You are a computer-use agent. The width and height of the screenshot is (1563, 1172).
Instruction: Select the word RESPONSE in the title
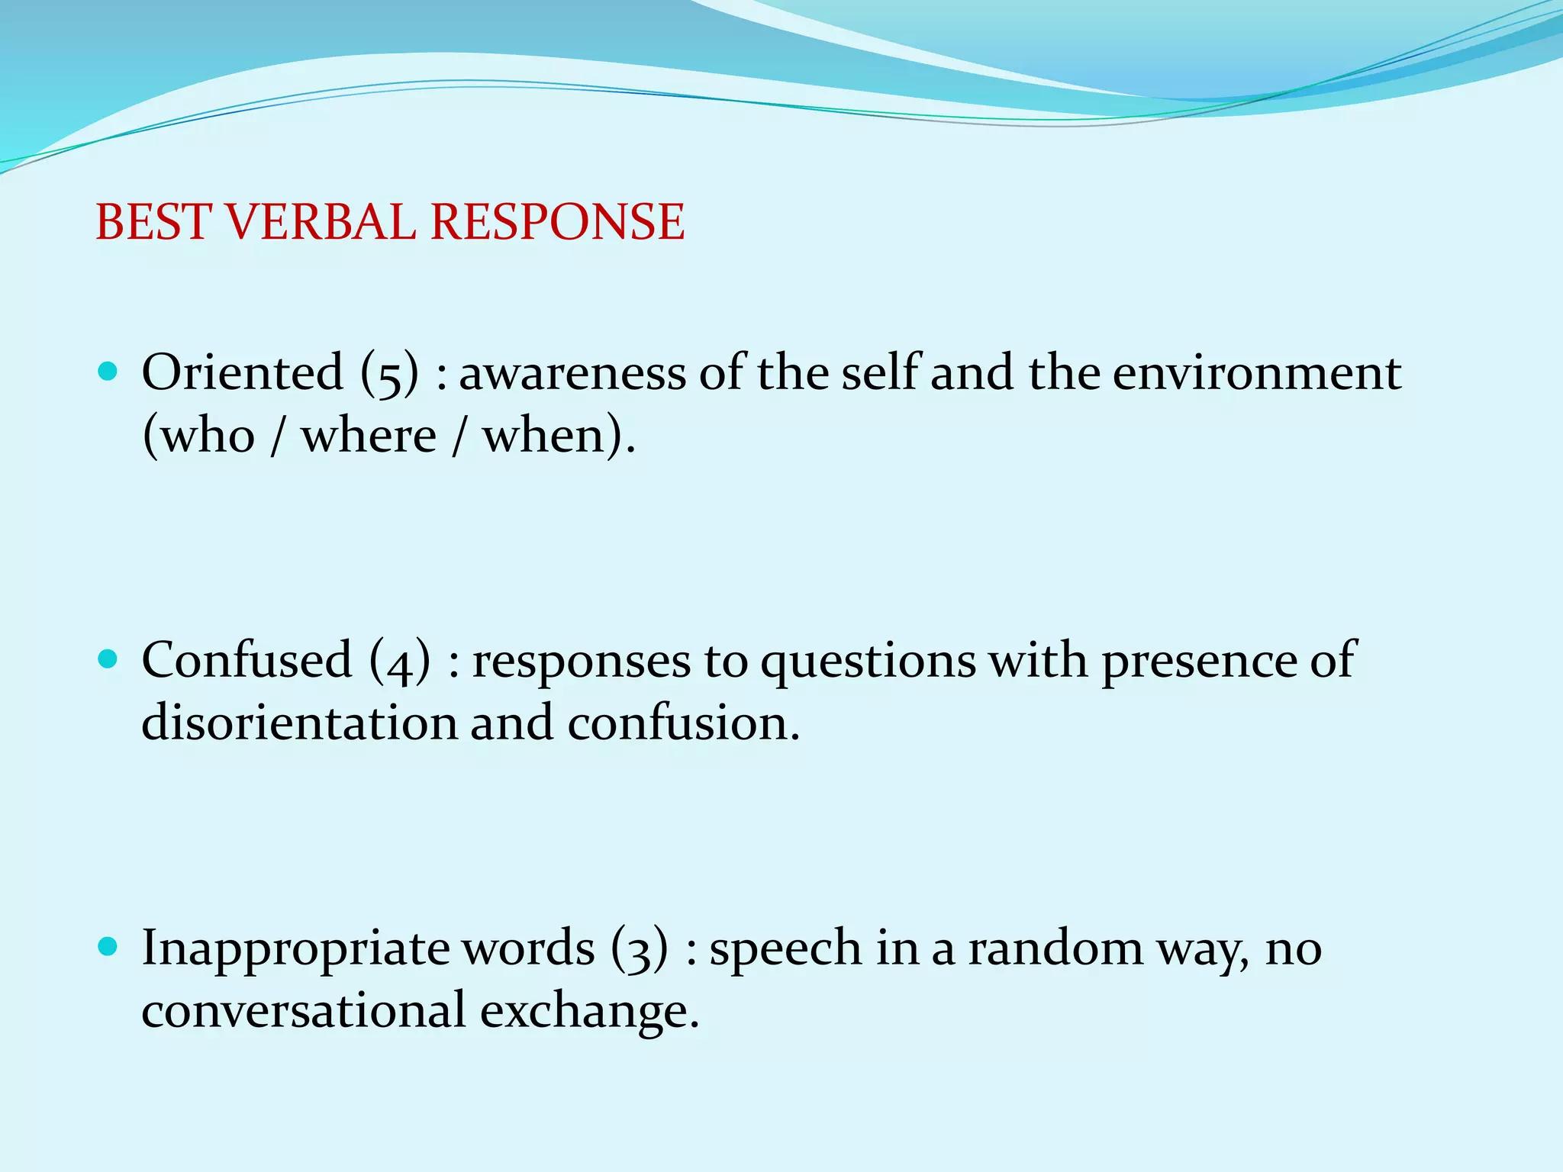click(557, 222)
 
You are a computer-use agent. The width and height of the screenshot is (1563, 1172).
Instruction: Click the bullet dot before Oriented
click(108, 372)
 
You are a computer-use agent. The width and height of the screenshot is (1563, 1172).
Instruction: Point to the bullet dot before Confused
click(108, 658)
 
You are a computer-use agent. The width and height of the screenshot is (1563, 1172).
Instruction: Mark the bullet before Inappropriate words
click(108, 947)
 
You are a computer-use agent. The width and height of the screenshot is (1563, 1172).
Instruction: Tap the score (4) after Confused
click(399, 661)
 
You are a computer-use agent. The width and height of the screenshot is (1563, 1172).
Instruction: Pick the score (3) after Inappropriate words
click(640, 948)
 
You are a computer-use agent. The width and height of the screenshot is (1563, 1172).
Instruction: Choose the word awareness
click(572, 374)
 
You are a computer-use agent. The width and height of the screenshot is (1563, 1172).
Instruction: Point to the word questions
click(868, 662)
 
